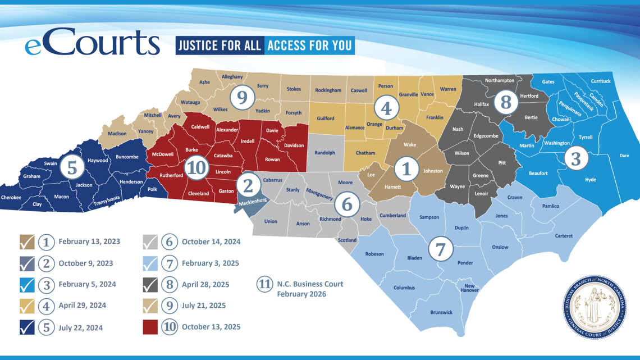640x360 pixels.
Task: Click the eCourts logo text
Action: coord(92,44)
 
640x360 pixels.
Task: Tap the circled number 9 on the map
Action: coord(242,98)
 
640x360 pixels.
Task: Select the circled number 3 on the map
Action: coord(575,159)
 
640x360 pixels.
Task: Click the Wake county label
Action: coord(410,145)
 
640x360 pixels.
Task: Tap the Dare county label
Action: coord(624,156)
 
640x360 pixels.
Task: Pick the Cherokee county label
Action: coord(11,198)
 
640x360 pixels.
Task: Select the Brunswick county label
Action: coord(441,312)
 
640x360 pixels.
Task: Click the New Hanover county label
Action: coord(469,288)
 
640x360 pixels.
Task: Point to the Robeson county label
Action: coord(374,254)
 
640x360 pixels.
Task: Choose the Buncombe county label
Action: coord(127,157)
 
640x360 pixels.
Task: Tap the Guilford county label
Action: coord(326,119)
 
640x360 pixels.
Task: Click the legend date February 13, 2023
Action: coord(89,242)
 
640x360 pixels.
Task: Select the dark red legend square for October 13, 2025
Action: coord(150,327)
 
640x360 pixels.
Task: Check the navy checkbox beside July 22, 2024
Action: coord(27,327)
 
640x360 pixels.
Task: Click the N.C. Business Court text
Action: coord(310,284)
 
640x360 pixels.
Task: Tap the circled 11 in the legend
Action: coord(264,284)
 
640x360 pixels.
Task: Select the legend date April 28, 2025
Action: coord(205,285)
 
